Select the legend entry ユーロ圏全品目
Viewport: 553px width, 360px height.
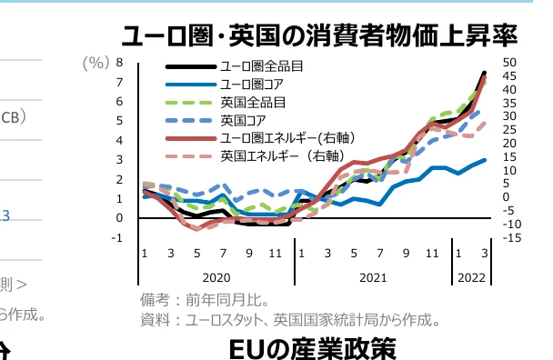tap(261, 66)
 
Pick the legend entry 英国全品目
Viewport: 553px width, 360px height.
tap(253, 102)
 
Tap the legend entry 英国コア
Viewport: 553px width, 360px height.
tap(244, 119)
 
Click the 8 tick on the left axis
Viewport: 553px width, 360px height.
tap(119, 63)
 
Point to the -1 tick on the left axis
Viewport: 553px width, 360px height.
tap(116, 238)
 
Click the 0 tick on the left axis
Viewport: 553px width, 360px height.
tap(119, 218)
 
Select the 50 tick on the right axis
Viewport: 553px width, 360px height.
tap(509, 63)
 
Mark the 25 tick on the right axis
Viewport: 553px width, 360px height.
tap(509, 130)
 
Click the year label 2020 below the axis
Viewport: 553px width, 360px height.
tap(216, 275)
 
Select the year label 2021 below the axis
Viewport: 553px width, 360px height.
tap(372, 275)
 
